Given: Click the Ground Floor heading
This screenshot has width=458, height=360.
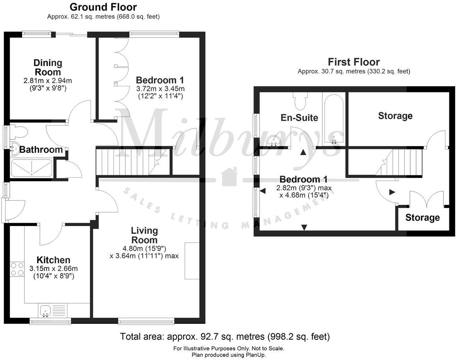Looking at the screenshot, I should click(103, 7).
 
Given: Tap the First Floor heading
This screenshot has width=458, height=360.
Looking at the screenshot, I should click(354, 62).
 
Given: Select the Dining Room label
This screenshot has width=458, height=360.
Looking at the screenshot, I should click(48, 67).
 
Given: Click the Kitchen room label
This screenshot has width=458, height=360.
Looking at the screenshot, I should click(53, 260).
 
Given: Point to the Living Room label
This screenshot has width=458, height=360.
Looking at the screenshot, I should click(144, 235).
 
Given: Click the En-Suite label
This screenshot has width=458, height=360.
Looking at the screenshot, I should click(299, 117).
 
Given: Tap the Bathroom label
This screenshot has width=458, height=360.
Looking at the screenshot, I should click(41, 150).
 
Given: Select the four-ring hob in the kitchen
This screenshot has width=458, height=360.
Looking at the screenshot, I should click(17, 269).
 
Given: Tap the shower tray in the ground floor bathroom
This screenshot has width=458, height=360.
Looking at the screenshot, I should click(31, 167).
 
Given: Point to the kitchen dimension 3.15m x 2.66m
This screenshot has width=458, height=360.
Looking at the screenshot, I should click(53, 269).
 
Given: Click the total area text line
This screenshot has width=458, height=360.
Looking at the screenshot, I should click(225, 337).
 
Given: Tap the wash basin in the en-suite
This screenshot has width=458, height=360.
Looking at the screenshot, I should click(274, 140).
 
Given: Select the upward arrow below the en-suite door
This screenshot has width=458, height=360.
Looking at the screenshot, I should click(303, 153).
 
